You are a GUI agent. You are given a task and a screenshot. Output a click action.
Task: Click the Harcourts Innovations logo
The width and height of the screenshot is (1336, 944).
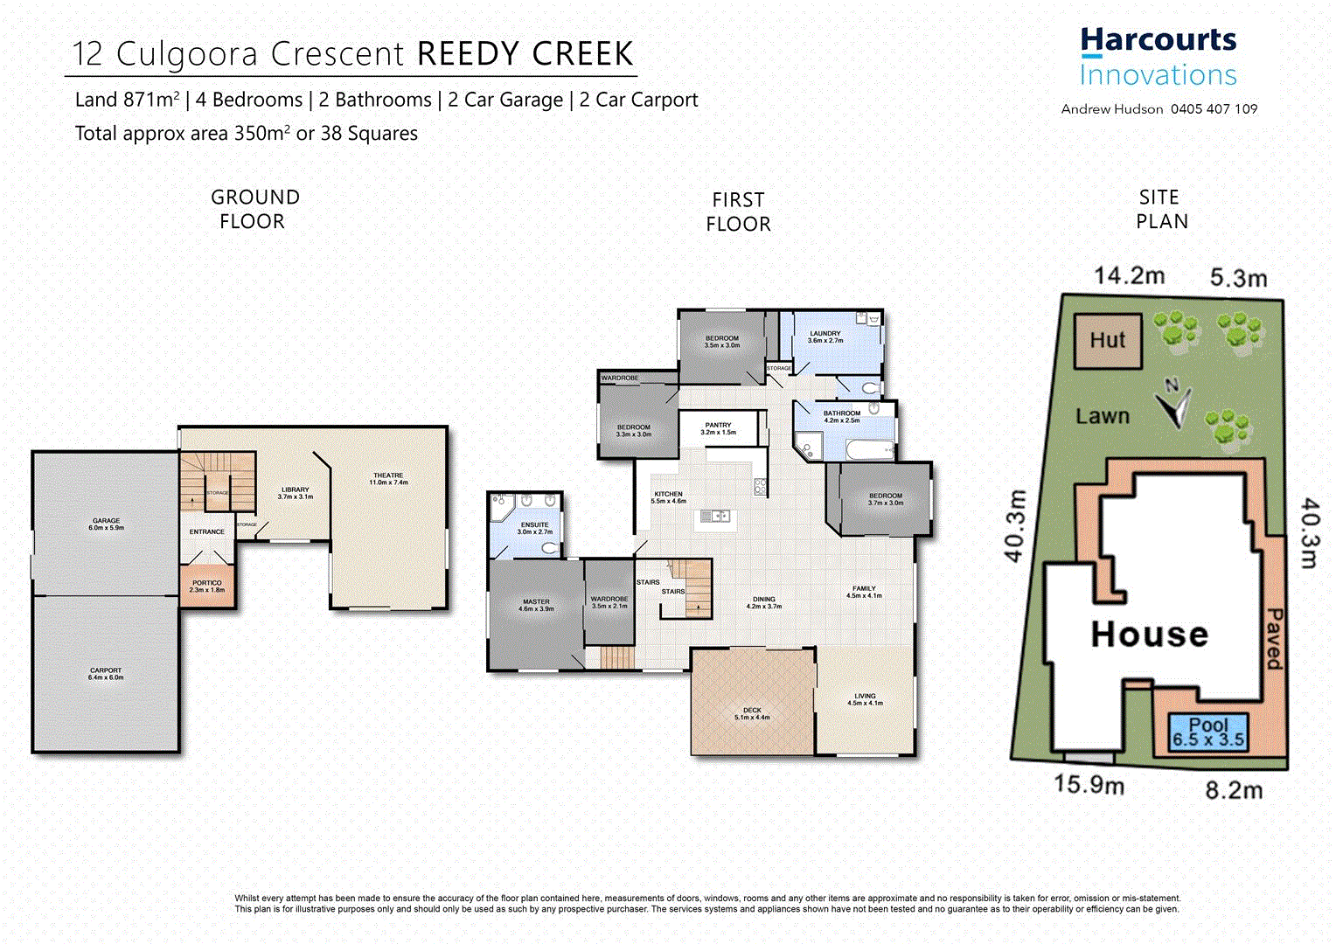click(1158, 57)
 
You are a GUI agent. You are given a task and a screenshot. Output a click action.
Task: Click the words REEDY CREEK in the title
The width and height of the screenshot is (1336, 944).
click(525, 54)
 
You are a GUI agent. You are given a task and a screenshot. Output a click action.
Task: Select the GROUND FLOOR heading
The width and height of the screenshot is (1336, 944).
click(254, 210)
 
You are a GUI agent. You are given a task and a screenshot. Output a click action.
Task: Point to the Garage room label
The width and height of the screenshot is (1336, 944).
click(107, 524)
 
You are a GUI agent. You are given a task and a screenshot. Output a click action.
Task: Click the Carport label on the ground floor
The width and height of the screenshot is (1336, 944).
click(106, 674)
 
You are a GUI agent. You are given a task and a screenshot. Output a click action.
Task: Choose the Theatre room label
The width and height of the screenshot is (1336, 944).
click(388, 479)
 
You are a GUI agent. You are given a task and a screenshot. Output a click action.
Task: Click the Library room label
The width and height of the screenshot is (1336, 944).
click(296, 493)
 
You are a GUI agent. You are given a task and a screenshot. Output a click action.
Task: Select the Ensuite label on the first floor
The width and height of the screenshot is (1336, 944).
click(534, 528)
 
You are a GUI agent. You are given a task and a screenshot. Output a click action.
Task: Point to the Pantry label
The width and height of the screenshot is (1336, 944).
click(718, 428)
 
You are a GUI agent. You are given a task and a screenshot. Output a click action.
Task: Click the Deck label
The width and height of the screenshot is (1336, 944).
click(752, 713)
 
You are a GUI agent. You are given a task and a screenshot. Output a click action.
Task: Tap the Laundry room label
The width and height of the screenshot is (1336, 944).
click(825, 337)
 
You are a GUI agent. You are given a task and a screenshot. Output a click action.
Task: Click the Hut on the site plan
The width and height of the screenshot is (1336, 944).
click(1108, 341)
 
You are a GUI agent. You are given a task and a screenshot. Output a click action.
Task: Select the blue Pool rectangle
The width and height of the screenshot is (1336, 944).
click(1208, 732)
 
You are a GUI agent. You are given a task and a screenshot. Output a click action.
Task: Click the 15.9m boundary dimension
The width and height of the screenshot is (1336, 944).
click(1089, 784)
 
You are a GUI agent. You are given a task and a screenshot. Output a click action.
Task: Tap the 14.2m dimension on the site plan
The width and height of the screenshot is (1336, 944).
click(1129, 276)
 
